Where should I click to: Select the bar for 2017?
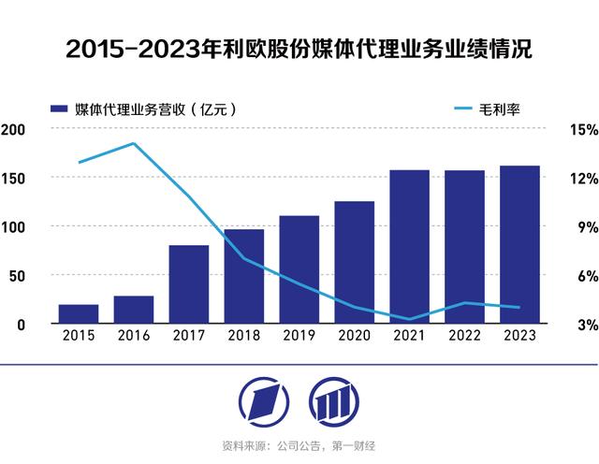[188, 284]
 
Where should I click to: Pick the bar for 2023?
[519, 245]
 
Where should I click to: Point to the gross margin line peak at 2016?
[134, 143]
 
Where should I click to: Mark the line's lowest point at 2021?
[409, 319]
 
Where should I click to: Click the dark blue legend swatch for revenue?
[60, 109]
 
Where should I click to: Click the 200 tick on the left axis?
[13, 129]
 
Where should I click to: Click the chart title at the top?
[299, 50]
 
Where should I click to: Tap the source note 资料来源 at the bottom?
[299, 446]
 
